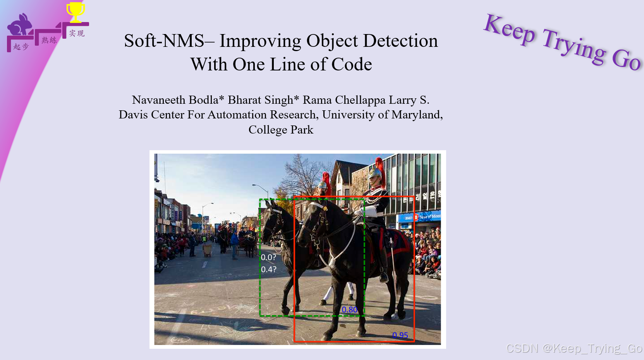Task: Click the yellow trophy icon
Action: click(76, 12)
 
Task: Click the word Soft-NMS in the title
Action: click(164, 41)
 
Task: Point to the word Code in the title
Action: click(352, 64)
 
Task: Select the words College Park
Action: click(281, 130)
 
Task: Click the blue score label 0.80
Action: click(349, 310)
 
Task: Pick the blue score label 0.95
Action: click(400, 335)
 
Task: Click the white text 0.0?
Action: click(268, 257)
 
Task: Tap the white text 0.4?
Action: click(268, 269)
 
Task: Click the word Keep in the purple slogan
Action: click(510, 29)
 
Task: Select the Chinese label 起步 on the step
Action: click(21, 47)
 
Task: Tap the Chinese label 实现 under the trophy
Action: click(77, 34)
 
